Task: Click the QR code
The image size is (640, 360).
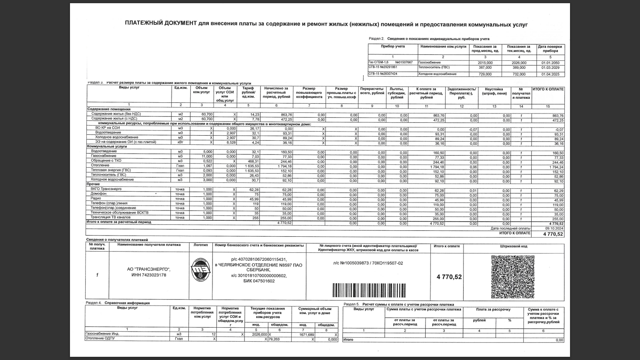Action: [512, 277]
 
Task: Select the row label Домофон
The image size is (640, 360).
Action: [98, 194]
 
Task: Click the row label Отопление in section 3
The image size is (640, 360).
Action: [100, 165]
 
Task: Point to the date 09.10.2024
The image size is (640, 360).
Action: [554, 228]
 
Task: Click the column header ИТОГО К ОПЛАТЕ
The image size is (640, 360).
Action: [548, 89]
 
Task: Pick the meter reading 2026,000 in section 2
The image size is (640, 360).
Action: [519, 63]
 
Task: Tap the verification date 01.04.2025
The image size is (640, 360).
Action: [550, 74]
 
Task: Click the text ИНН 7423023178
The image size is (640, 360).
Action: [148, 275]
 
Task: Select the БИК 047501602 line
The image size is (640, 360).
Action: [259, 281]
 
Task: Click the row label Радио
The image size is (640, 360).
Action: [96, 198]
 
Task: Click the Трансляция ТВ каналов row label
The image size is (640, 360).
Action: [110, 217]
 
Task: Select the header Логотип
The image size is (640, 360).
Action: [200, 245]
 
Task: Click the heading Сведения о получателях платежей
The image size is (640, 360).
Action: [117, 240]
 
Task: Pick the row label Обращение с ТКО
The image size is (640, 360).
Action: [106, 160]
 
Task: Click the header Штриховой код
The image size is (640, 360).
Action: [514, 246]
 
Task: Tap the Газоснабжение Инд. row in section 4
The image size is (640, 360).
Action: [102, 334]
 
